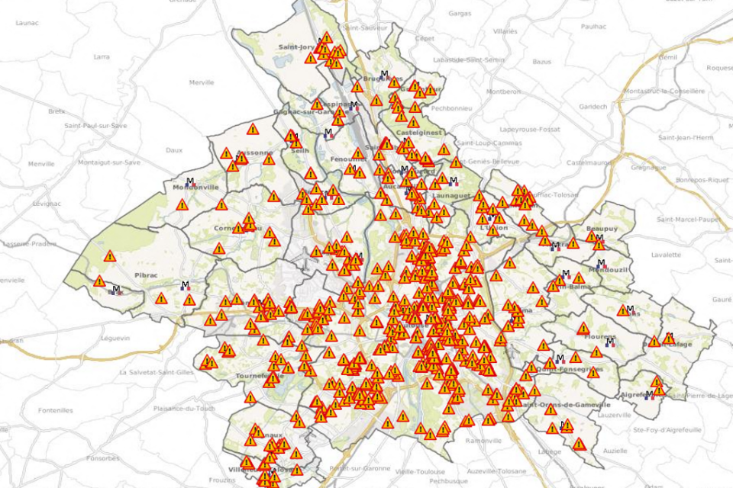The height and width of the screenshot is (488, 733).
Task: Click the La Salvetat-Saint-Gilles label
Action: [x=157, y=372]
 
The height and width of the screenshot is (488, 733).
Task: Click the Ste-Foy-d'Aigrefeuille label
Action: [x=667, y=430]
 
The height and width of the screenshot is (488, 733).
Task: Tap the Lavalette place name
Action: [x=667, y=255]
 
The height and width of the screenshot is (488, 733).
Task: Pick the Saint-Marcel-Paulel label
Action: [x=689, y=220]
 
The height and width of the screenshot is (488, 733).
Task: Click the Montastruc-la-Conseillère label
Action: [x=664, y=91]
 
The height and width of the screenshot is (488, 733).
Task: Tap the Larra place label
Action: [x=101, y=56]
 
